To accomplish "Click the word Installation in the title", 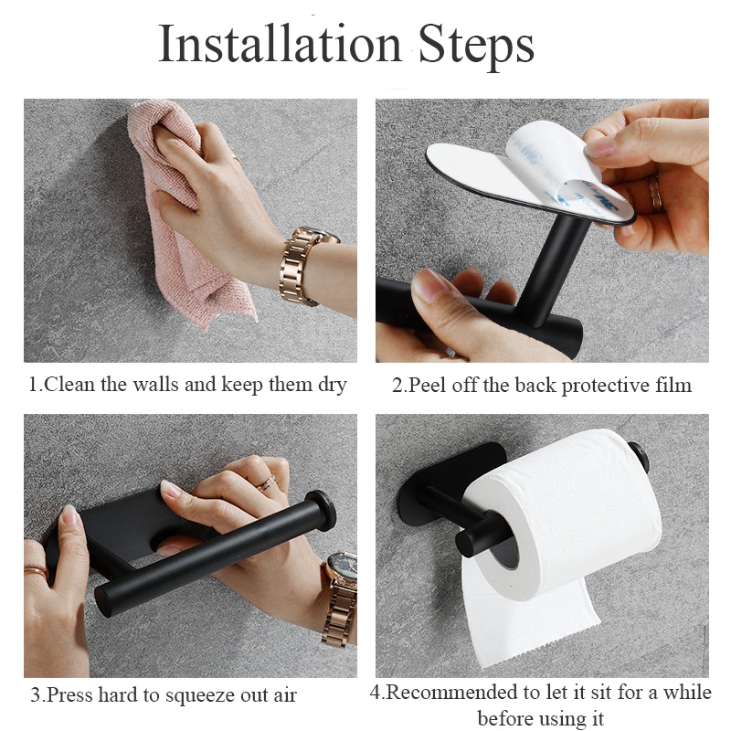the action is pos(280,43).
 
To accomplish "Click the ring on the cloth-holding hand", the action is pos(236,158).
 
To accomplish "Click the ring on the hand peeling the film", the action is pos(654,194).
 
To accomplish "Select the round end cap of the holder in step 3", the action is pos(322,511).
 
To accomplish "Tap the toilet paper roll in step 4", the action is pos(563,513).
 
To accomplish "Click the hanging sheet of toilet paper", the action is pos(527,620).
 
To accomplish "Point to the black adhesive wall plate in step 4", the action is pos(448,485).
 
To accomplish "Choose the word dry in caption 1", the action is pos(333,386).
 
